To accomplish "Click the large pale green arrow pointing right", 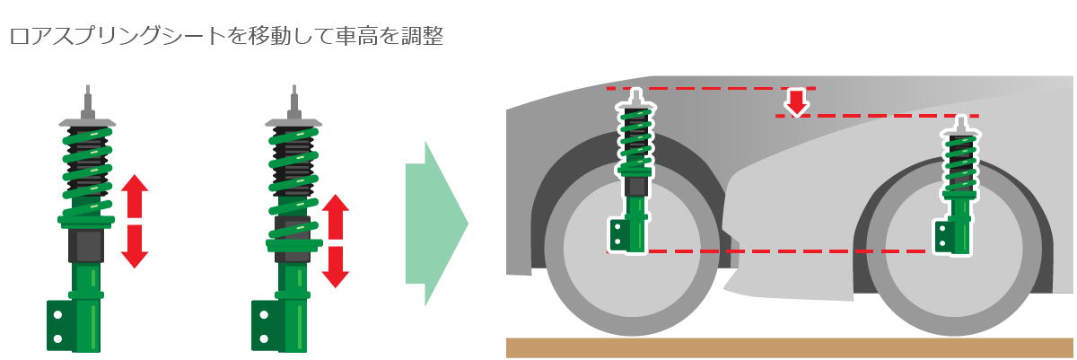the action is tap(436, 224).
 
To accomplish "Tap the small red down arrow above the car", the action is tap(797, 103).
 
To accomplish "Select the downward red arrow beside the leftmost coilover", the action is tap(134, 247).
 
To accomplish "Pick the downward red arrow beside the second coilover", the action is tap(335, 268).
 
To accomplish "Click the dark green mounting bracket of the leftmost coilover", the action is tap(62, 327).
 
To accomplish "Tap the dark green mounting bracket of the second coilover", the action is tap(266, 327).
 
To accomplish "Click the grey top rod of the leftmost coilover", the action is tap(88, 102).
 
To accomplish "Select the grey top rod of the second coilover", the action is tap(293, 102).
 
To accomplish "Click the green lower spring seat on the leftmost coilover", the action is tap(86, 221).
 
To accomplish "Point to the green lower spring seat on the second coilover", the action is tap(294, 244).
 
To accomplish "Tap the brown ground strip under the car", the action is tap(790, 347).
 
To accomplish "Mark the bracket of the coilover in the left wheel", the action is tap(619, 235).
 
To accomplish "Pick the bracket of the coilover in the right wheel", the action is tap(943, 237).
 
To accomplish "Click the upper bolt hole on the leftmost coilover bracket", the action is tap(57, 315).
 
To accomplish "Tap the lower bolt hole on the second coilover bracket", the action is tap(264, 338).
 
